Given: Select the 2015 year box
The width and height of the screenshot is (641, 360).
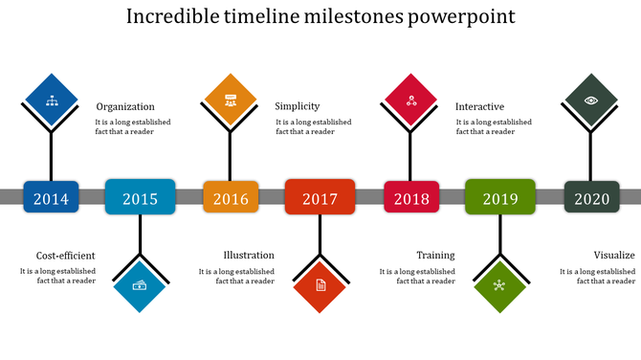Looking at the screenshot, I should (x=140, y=197).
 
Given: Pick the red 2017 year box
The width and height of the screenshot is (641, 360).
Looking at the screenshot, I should (x=320, y=197).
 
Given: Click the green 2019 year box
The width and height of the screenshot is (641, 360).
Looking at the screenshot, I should (x=499, y=197).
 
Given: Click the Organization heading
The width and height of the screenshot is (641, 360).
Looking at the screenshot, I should (x=125, y=107).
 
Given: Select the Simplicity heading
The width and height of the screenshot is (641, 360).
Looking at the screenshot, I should (x=298, y=106).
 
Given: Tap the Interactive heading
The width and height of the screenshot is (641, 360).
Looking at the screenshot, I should (x=479, y=107).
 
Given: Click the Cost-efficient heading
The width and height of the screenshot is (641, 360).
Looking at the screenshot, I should (x=66, y=256).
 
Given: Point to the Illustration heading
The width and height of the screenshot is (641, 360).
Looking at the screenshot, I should (x=249, y=256).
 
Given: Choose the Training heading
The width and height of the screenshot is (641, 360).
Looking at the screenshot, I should (x=435, y=256).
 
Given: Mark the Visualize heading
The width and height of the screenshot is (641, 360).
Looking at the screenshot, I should (x=614, y=256).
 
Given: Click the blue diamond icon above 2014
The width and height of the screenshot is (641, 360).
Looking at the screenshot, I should (x=51, y=100).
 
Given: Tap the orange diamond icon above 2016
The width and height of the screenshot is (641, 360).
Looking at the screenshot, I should (x=230, y=100).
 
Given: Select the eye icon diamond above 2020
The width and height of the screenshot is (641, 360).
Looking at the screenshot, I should (x=591, y=100).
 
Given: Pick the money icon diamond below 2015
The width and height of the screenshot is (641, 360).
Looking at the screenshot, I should (x=141, y=284).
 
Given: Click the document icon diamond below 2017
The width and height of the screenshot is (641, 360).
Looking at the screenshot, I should (x=320, y=285).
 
